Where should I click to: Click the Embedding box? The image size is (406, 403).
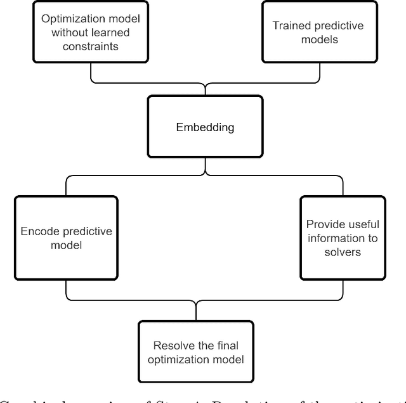[204, 127]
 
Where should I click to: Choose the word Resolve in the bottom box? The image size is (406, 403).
[170, 345]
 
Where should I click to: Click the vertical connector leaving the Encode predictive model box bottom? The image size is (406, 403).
[66, 288]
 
